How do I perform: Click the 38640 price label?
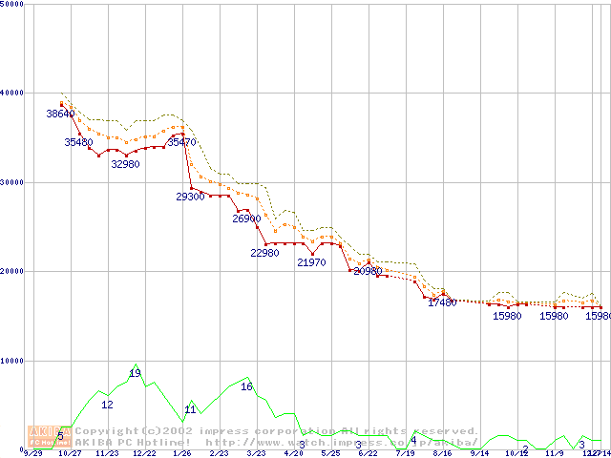60,114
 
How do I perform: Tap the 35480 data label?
78,142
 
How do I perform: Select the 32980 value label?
125,164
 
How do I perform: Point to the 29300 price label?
190,197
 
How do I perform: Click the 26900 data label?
246,219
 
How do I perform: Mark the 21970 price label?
311,262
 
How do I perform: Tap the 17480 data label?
442,302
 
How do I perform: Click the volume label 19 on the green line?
135,372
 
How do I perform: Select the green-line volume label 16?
246,386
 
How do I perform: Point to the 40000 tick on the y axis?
11,93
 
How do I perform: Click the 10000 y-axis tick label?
11,361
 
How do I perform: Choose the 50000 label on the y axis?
11,5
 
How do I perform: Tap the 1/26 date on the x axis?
181,453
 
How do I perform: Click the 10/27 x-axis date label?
70,453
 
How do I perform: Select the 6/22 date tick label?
368,453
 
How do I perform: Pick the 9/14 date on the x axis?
479,453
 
